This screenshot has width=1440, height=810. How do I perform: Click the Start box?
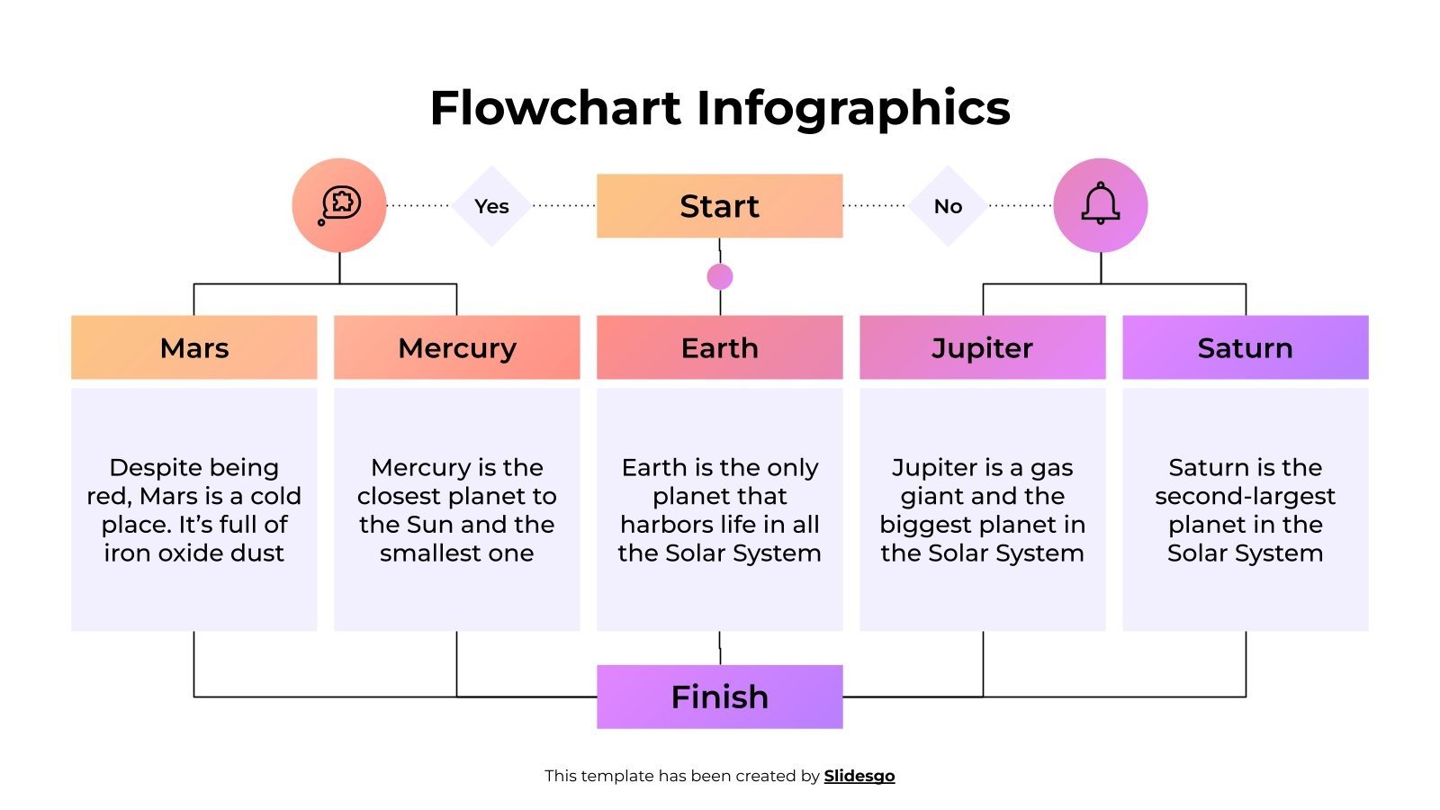(x=719, y=206)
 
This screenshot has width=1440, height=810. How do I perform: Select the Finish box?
(x=719, y=697)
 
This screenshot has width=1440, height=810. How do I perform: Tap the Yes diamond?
(x=491, y=206)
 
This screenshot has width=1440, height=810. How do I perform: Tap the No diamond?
(x=948, y=206)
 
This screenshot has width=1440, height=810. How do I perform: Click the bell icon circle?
(x=1100, y=205)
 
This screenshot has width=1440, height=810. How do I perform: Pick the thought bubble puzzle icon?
(x=339, y=205)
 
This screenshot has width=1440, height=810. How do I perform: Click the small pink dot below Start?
(x=720, y=276)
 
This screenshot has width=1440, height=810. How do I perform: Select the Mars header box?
(x=193, y=347)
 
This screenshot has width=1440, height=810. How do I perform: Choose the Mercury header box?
(x=456, y=347)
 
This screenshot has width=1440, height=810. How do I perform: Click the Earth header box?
(x=719, y=347)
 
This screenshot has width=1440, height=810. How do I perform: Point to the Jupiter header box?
(x=982, y=347)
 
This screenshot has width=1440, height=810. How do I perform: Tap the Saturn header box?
(x=1245, y=347)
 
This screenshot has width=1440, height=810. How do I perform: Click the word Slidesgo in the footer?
(x=859, y=776)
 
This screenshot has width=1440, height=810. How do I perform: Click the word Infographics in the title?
(x=852, y=108)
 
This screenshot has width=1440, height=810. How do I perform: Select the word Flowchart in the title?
(x=555, y=108)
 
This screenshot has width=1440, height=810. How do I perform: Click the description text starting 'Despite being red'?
(x=193, y=509)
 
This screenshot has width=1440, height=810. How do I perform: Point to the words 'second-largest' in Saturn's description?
(x=1245, y=496)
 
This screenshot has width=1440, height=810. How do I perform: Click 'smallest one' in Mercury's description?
(x=456, y=553)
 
